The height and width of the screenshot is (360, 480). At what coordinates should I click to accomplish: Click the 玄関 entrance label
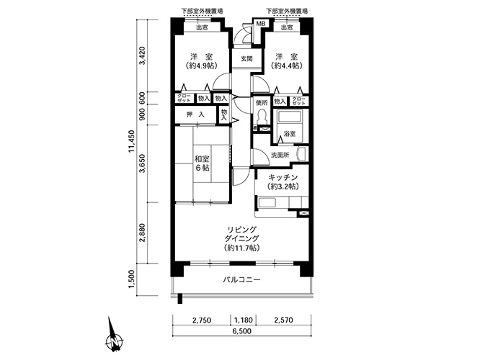coord(246,59)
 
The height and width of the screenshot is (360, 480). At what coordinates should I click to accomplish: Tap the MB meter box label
coord(260,24)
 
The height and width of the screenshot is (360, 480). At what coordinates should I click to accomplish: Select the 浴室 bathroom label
coord(290,134)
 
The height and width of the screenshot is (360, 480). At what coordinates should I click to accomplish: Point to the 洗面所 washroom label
coord(280,155)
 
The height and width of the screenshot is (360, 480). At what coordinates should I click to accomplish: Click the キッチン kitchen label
coord(283,177)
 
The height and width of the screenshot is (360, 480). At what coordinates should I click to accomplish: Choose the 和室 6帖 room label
coord(202,163)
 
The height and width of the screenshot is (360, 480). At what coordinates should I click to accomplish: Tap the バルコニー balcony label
coord(241,279)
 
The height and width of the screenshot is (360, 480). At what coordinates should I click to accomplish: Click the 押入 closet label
coord(195,114)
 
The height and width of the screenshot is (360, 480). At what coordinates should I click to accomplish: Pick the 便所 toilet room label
coord(262,102)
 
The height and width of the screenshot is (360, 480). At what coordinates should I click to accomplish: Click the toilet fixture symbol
coord(262,117)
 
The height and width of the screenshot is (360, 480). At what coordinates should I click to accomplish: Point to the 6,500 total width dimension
coord(241,331)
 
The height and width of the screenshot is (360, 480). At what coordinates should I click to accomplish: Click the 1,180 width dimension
coord(244,320)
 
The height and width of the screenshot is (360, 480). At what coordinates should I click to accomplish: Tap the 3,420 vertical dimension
coord(143,55)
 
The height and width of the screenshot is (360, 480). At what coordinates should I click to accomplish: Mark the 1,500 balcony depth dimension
coord(132,279)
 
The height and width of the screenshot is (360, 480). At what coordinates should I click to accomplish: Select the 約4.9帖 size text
coord(202,66)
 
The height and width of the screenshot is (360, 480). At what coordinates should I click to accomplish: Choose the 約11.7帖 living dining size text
coord(242,248)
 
